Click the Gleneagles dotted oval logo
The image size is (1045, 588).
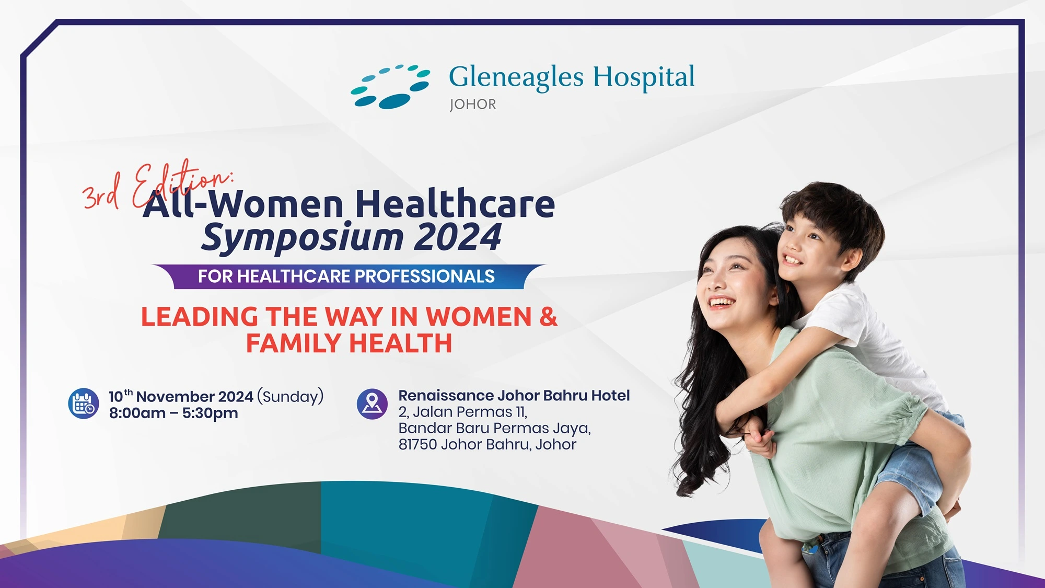pos(390,87)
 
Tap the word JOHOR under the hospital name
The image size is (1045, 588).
pos(473,105)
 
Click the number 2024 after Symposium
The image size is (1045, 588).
pos(458,237)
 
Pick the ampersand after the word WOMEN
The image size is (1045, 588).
pos(549,317)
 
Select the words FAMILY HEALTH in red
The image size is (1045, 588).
pos(349,343)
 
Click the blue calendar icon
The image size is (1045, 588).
pos(84,403)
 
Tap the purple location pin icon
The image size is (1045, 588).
pos(372,403)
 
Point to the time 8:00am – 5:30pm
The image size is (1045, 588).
pos(173,413)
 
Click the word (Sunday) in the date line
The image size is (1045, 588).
pos(291,396)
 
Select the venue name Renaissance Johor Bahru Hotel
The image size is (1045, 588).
pos(514,396)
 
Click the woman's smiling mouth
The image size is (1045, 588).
pos(721,302)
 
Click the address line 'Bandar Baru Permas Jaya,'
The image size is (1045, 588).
pos(494,429)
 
